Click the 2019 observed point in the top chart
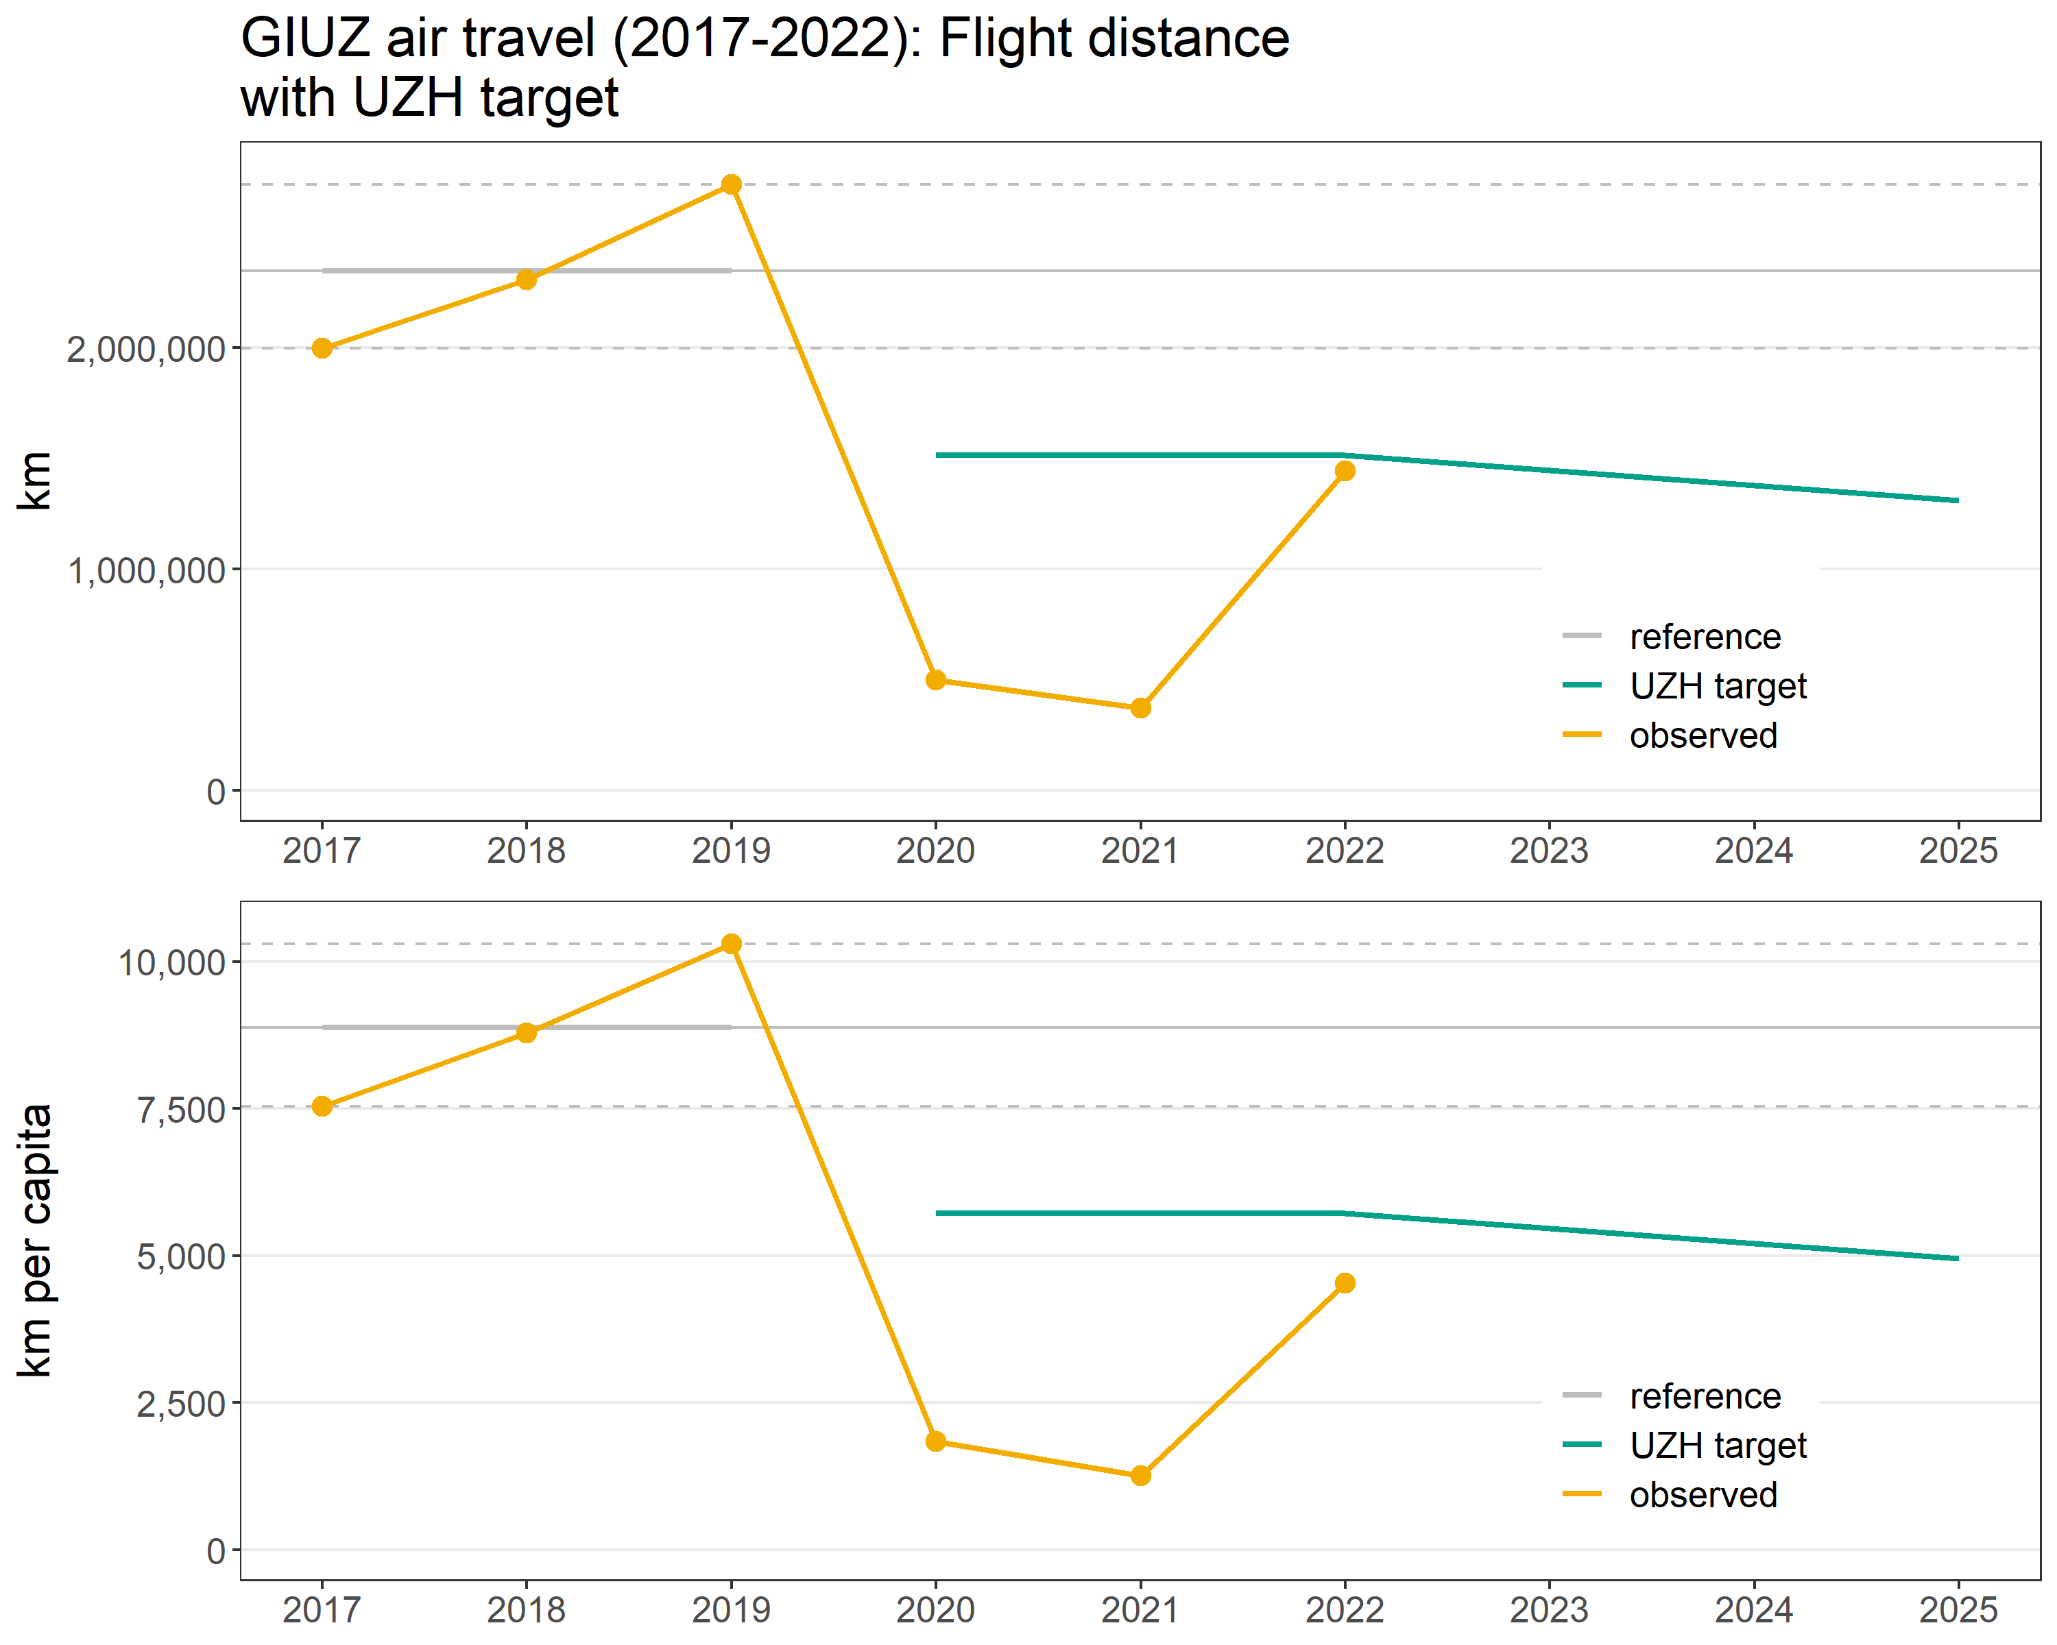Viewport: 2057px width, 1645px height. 731,184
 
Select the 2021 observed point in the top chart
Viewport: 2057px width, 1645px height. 1140,707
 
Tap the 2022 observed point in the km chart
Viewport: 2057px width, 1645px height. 1345,471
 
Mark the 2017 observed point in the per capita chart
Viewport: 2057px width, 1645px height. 322,1106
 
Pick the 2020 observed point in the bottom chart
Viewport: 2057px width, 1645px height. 936,1441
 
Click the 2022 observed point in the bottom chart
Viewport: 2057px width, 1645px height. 1345,1282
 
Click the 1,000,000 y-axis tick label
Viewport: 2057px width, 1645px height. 146,571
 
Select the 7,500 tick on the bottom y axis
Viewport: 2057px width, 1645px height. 180,1110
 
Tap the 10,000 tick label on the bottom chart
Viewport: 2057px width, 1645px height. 171,963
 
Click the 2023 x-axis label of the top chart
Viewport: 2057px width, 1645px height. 1548,850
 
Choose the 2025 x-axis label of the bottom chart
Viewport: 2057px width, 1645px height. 1958,1610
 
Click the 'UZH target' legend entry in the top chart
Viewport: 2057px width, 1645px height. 1718,685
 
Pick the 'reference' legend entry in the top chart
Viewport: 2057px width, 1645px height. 1704,636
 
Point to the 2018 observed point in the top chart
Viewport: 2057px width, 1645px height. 527,280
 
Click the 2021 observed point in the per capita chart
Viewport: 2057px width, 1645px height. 1140,1475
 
